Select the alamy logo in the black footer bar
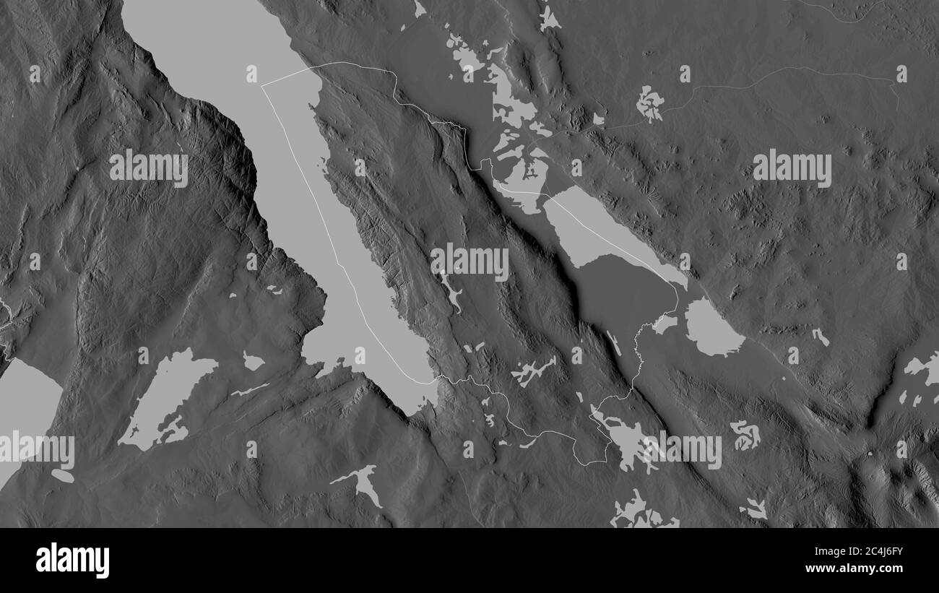pyautogui.click(x=73, y=560)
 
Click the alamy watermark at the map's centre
pyautogui.click(x=469, y=261)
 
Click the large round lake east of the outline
pyautogui.click(x=711, y=329)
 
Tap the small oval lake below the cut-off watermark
pyautogui.click(x=62, y=476)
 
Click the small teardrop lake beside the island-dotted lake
pyautogui.click(x=252, y=362)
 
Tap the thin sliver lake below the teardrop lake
pyautogui.click(x=249, y=391)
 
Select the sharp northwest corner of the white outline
pyautogui.click(x=262, y=86)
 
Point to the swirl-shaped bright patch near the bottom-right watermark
pyautogui.click(x=745, y=434)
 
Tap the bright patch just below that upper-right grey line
pyautogui.click(x=649, y=103)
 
